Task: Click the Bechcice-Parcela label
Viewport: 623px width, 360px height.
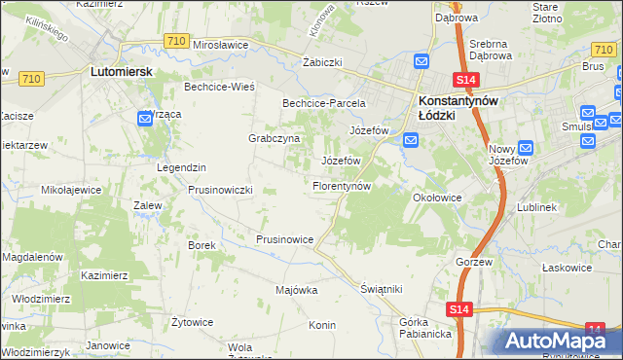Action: tap(323, 103)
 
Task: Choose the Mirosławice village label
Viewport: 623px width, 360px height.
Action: tap(222, 45)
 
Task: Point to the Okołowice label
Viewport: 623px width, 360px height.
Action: tap(436, 198)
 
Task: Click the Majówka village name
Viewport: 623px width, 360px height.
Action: tap(297, 290)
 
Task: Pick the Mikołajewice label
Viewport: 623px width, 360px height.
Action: tap(71, 191)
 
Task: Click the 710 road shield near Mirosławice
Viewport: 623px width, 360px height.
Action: tap(176, 41)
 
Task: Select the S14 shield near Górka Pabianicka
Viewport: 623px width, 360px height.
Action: tap(460, 308)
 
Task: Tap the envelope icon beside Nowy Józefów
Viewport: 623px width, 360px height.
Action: tap(527, 150)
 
